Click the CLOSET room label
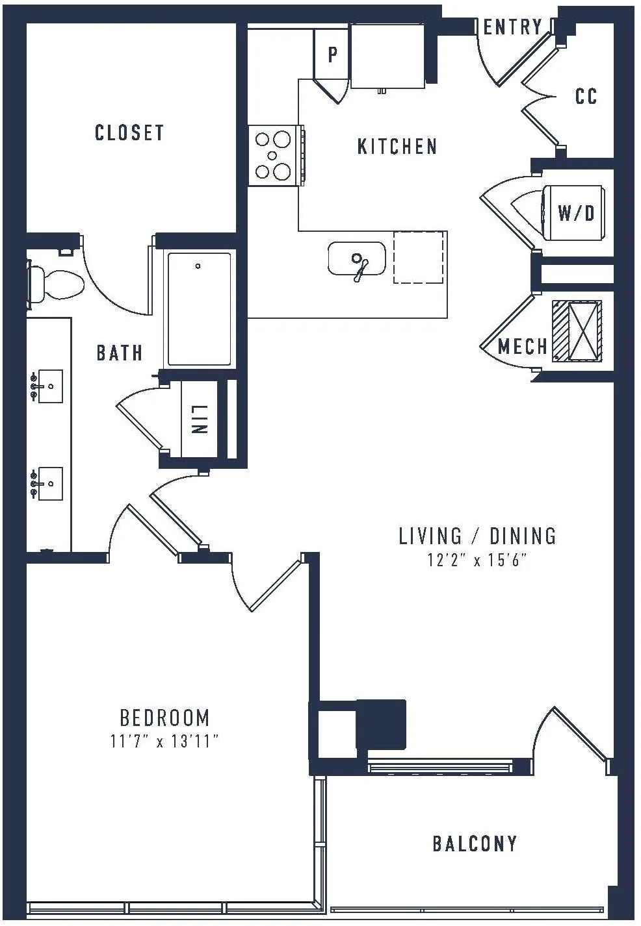129,132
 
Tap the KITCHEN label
397,147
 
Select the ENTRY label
512,27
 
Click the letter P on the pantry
332,54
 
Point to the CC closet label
586,96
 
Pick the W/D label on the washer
576,213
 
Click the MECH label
522,346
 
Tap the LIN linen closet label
199,419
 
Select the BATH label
119,353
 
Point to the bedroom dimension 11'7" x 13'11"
164,741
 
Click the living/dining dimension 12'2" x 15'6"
477,561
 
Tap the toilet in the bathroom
55,285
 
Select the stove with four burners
276,155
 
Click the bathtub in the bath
199,309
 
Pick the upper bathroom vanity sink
47,386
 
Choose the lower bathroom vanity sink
47,484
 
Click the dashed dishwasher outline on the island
419,257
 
